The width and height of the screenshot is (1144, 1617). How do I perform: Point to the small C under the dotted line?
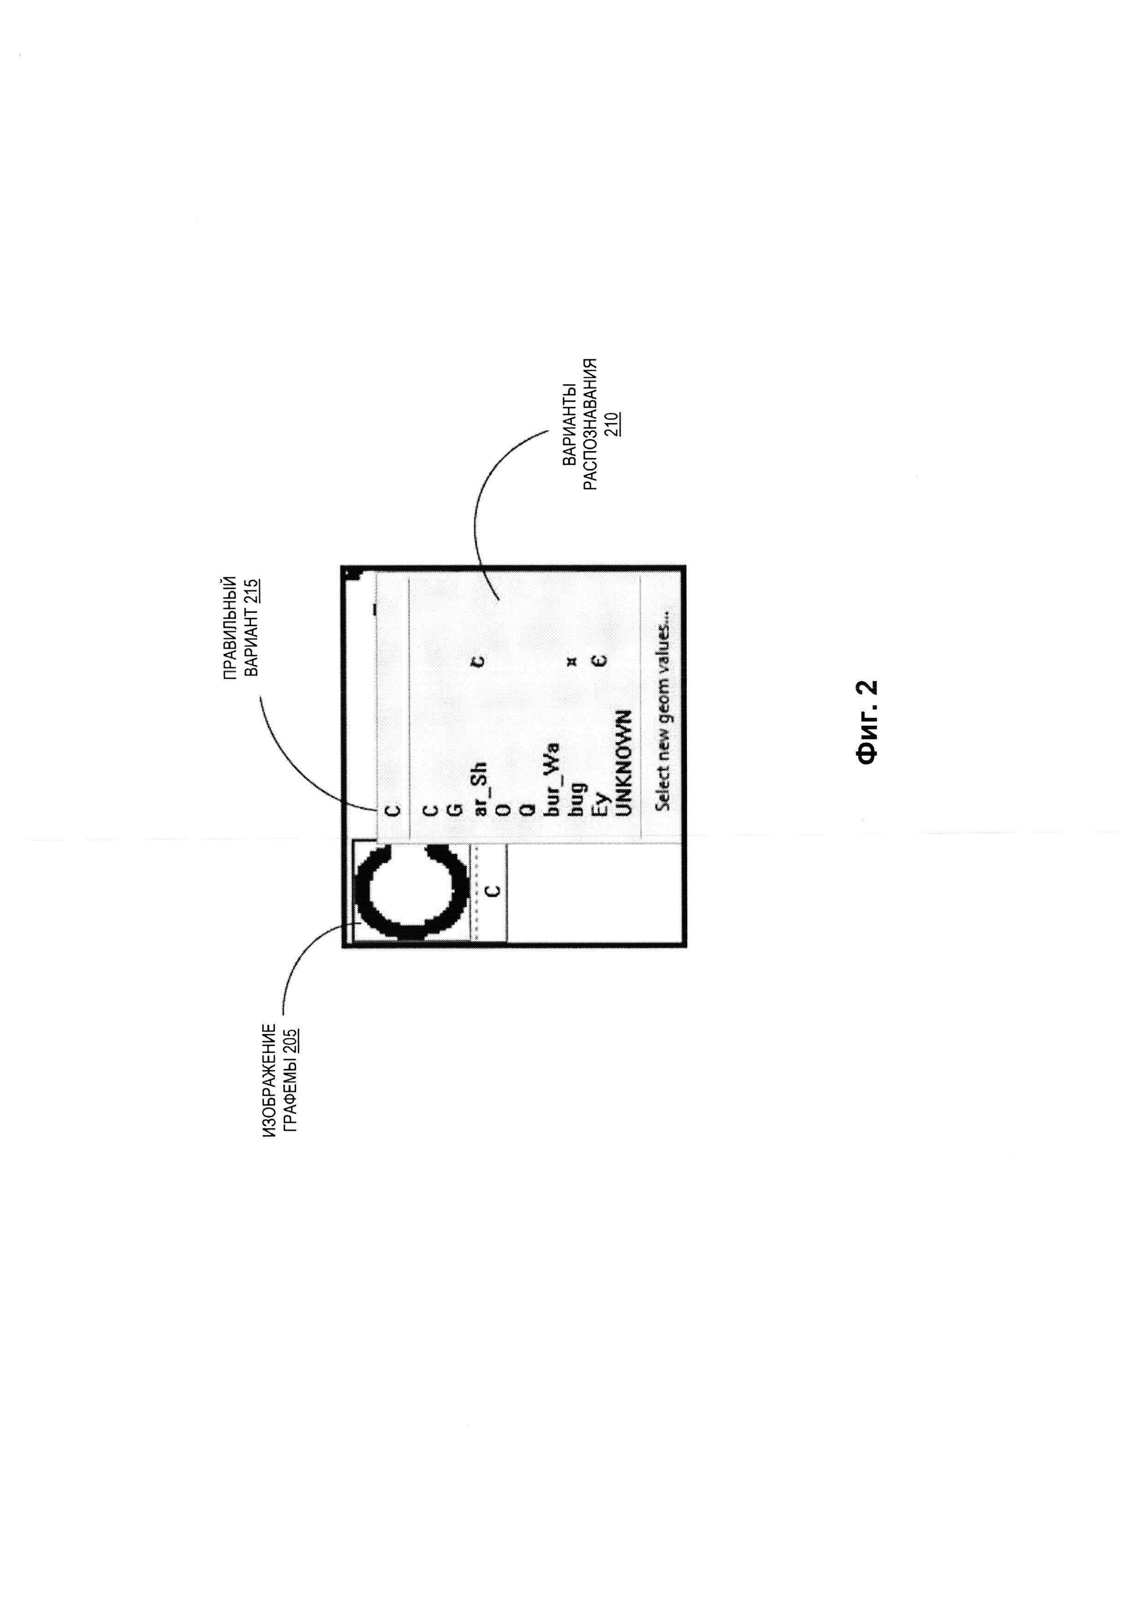493,890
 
